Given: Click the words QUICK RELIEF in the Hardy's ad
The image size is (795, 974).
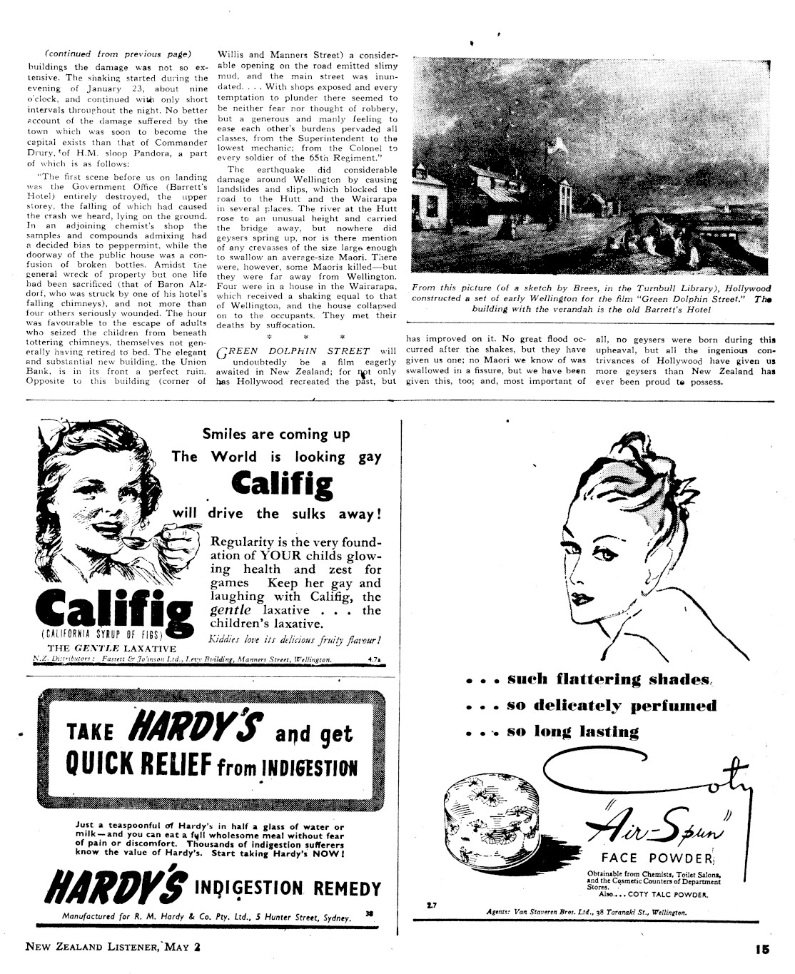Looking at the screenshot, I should click(138, 764).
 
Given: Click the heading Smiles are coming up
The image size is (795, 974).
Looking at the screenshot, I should click(276, 434).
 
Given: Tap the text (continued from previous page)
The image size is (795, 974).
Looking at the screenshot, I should click(118, 54).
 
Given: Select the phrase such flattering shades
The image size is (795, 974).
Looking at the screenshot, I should click(609, 679).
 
